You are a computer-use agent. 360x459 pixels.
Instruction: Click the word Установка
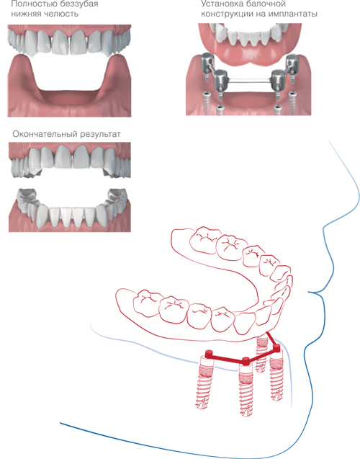coord(220,4)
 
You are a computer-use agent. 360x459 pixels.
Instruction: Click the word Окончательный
coord(43,134)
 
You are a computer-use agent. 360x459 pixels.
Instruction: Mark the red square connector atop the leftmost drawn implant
coord(209,354)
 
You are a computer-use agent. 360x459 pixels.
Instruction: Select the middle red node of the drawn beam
coord(246,361)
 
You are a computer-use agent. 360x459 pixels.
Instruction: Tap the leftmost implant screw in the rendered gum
coord(207,103)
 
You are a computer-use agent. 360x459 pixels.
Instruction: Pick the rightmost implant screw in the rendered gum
coord(292,103)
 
